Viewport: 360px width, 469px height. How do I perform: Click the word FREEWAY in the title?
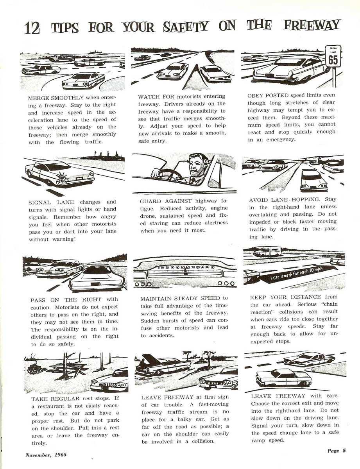[318, 26]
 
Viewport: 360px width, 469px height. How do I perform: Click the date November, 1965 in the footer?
[46, 455]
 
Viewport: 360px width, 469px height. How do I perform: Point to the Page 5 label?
[337, 451]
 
